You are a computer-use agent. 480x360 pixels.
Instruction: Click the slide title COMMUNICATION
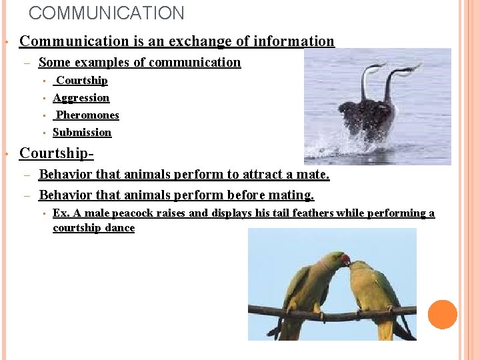coord(107,13)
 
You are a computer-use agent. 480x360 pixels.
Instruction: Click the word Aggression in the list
coord(81,98)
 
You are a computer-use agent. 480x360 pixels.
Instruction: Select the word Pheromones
coord(87,115)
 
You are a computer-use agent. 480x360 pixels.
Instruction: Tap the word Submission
coord(82,133)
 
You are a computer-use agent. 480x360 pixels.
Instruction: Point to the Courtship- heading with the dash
coord(57,153)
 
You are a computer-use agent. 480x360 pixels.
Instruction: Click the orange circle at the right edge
coord(443,314)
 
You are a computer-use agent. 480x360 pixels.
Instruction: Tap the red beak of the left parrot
coord(345,259)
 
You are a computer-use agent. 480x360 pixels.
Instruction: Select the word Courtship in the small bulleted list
coord(82,81)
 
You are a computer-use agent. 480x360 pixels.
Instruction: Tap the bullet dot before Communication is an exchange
coord(6,42)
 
